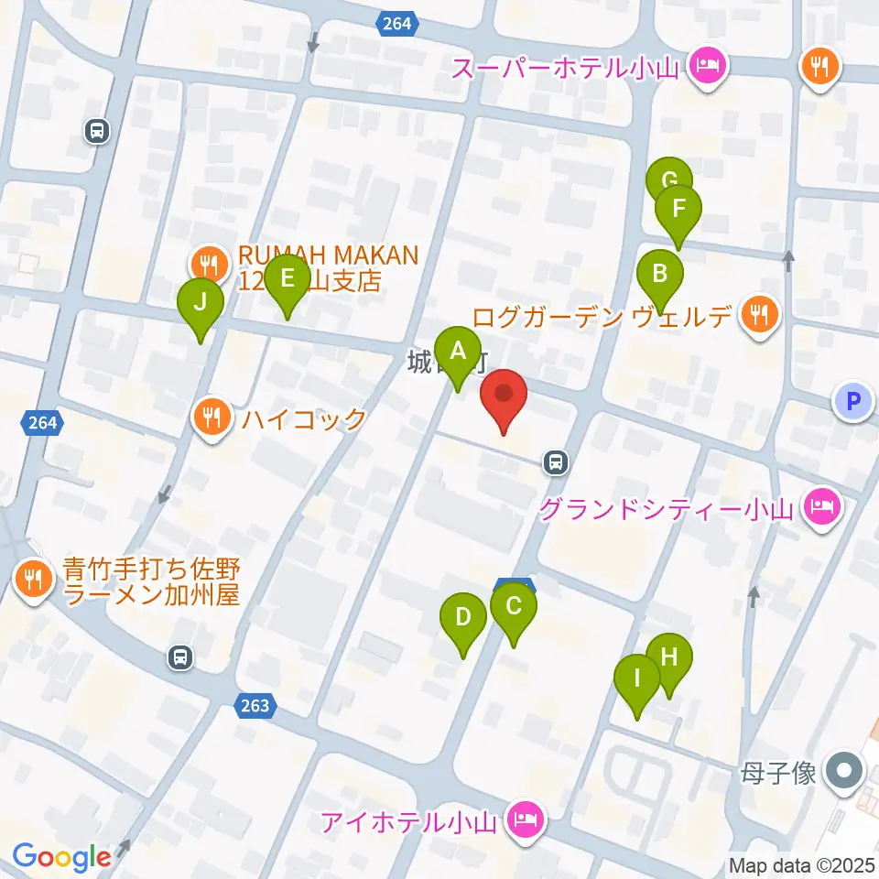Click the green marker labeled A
point(457,351)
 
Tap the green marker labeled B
point(659,274)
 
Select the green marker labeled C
point(514,606)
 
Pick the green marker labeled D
point(463,616)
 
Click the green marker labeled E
point(287,278)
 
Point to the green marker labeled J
point(201,301)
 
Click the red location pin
point(504,395)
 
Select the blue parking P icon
point(853,400)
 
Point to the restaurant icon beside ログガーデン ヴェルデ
point(759,315)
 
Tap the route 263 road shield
point(257,705)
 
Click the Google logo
point(61,857)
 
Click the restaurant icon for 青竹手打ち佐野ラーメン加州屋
point(34,579)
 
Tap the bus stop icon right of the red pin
point(555,462)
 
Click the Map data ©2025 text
point(802,864)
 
